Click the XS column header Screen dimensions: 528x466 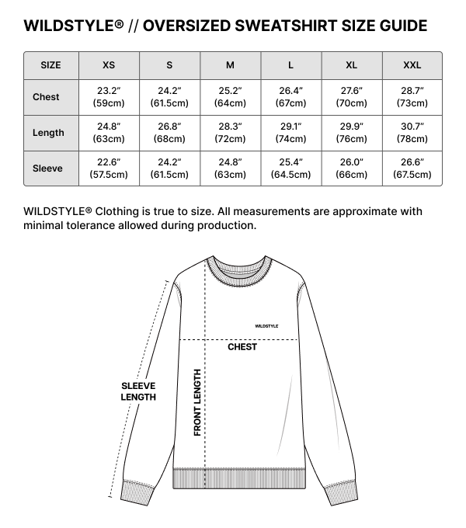point(109,64)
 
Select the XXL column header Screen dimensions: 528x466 point(412,64)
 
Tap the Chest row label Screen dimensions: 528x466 point(47,97)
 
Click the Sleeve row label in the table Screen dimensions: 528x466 point(47,168)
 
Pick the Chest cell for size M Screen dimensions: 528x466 point(230,97)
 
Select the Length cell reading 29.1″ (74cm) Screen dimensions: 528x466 point(290,133)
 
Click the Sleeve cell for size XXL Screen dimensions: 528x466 point(412,168)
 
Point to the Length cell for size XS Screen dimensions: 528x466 point(109,133)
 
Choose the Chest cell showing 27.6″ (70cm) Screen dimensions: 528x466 point(351,97)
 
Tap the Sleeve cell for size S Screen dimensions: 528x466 point(169,168)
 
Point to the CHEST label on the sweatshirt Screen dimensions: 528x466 point(242,347)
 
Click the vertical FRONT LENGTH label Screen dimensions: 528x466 point(198,401)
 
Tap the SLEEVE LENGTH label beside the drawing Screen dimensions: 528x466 point(138,391)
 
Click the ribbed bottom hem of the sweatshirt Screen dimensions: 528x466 point(238,478)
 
